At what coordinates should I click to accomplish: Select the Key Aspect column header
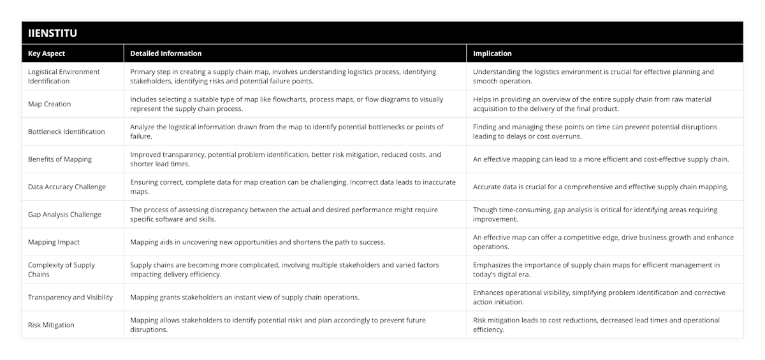pos(47,54)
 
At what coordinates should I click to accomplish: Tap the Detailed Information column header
pos(166,54)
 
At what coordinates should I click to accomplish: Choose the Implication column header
pos(492,54)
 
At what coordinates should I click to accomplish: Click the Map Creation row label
pos(50,104)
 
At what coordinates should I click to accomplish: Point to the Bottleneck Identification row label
pos(66,131)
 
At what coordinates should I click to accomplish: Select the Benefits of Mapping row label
pos(60,159)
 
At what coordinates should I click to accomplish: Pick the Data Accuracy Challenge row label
pos(67,187)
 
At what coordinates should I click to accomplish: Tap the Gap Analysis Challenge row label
pos(64,214)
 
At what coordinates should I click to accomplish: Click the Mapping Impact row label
pos(54,242)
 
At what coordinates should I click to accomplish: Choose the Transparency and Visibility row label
pos(70,297)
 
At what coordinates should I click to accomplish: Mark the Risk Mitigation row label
pos(51,324)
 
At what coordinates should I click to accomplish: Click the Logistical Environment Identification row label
pos(64,76)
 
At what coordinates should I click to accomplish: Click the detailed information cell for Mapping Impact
pos(257,242)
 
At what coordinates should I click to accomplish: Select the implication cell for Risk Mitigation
pos(596,324)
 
